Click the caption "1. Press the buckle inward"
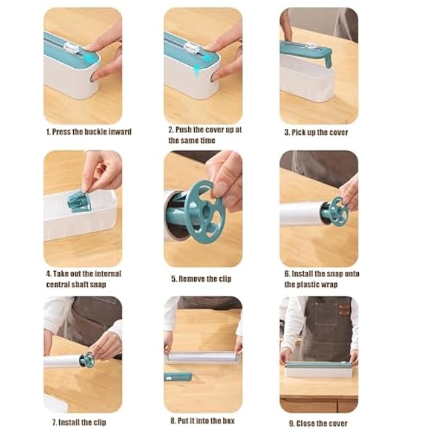pos(88,132)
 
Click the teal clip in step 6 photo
pos(336,211)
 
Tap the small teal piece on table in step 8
pos(178,376)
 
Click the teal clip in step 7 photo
pos(86,360)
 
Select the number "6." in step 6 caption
pos(288,274)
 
